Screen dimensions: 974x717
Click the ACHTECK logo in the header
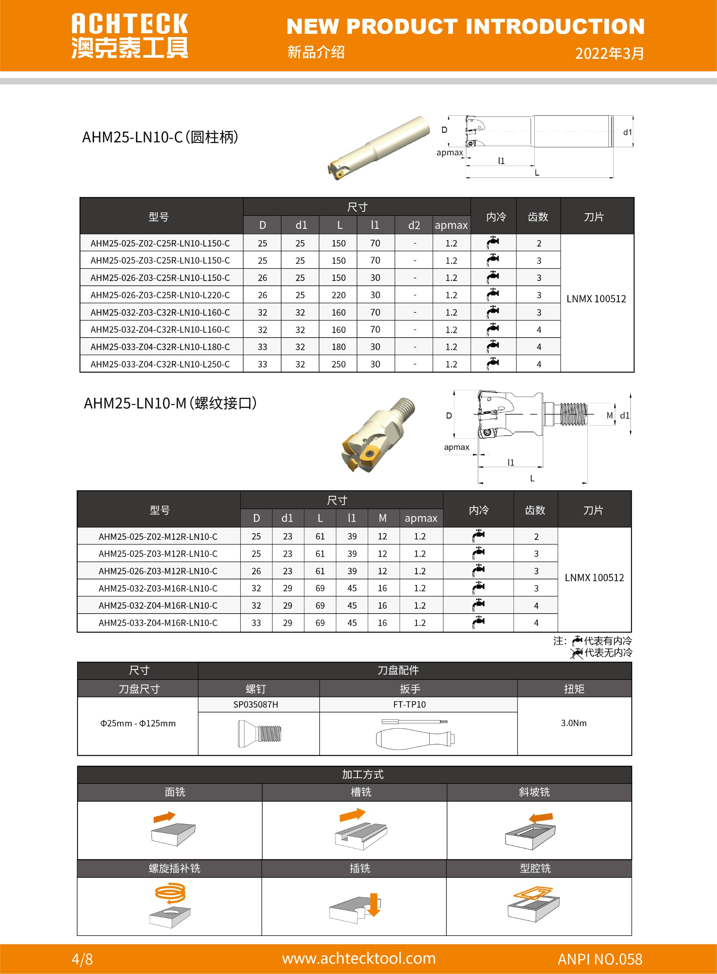[x=129, y=35]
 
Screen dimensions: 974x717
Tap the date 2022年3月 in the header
[x=609, y=54]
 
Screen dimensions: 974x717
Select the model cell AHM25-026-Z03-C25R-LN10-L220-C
[x=160, y=295]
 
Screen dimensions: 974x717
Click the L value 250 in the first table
[x=339, y=365]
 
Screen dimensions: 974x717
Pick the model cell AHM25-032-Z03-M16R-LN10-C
[x=158, y=588]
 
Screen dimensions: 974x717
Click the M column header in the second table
[x=382, y=518]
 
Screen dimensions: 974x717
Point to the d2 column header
[x=414, y=225]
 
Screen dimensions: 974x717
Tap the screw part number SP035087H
[x=256, y=704]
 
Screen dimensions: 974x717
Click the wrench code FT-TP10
[x=409, y=704]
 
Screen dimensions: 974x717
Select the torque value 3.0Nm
[x=573, y=723]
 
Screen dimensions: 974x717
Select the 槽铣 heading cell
[x=361, y=792]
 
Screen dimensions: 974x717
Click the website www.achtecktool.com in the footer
[x=358, y=958]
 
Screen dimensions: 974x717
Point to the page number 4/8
[x=82, y=959]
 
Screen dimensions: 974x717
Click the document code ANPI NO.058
[x=599, y=959]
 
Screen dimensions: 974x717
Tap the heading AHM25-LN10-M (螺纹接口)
[x=170, y=403]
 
